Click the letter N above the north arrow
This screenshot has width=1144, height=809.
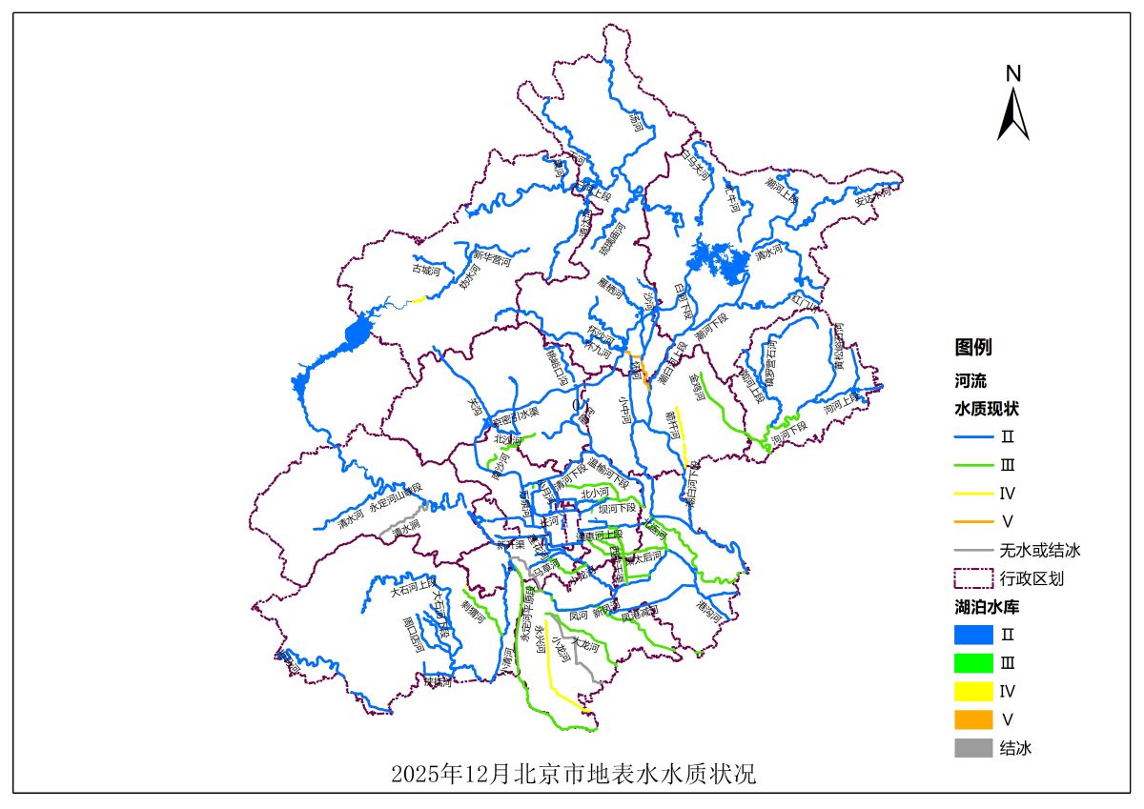[1013, 73]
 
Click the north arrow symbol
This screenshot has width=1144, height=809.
[1013, 114]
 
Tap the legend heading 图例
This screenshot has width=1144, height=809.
[973, 347]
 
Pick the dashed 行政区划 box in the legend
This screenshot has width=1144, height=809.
[972, 578]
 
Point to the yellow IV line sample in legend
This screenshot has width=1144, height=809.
[972, 494]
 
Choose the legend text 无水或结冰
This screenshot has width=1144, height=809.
[1039, 550]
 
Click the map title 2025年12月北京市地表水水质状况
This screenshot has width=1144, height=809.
[572, 773]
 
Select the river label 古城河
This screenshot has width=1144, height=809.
[426, 270]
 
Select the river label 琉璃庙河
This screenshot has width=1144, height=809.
[612, 239]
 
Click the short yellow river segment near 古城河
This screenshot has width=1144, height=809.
[417, 300]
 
